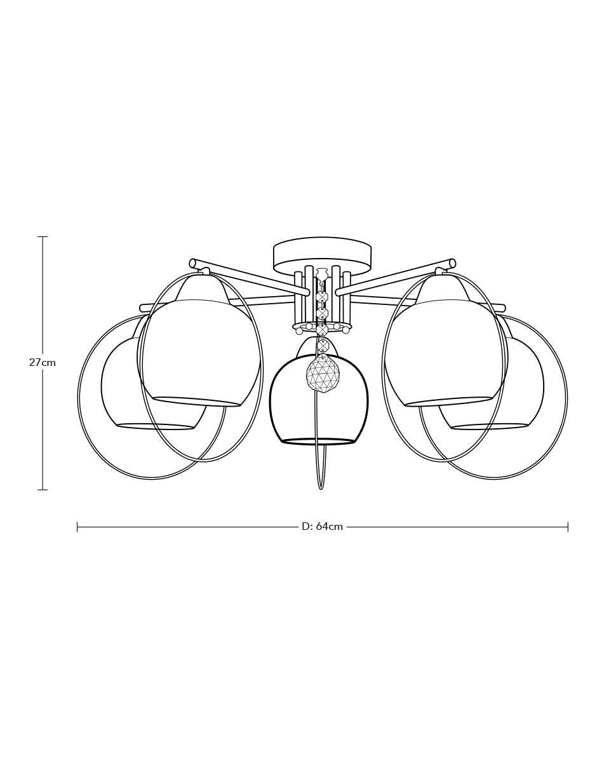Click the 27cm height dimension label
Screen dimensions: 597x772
click(x=43, y=363)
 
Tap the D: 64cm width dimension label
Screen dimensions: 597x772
click(x=322, y=526)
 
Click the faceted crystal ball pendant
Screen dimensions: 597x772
click(x=323, y=374)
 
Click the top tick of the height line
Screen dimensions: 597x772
click(x=43, y=236)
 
